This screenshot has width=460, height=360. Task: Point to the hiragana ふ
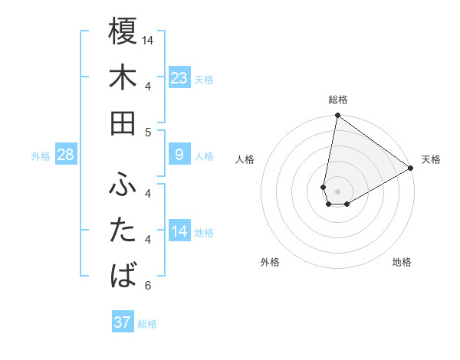pos(123,185)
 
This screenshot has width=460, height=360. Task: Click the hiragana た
pos(123,230)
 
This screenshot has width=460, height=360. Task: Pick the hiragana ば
pos(123,275)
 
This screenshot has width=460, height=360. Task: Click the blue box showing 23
pos(179,78)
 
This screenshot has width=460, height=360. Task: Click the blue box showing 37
pos(123,322)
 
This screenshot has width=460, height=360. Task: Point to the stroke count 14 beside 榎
pos(149,39)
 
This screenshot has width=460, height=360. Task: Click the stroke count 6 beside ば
pos(148,286)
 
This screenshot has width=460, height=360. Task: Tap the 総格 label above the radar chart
pos(337,100)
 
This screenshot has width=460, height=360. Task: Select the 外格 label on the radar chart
pos(270,262)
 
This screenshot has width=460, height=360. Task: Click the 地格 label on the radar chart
pos(402,262)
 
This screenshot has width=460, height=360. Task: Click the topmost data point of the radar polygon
pos(337,116)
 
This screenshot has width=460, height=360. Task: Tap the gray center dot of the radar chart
pos(337,191)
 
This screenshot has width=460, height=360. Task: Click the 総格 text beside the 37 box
pos(147,324)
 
